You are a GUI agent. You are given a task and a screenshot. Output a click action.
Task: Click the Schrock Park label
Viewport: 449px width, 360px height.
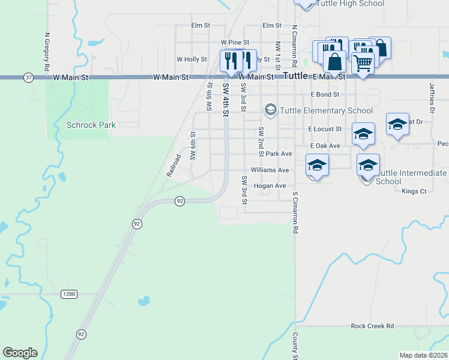pos(91,125)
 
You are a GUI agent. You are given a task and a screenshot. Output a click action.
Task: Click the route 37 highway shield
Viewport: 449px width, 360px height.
pos(28,77)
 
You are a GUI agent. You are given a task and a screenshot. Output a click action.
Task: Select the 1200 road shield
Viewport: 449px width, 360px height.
pos(69,294)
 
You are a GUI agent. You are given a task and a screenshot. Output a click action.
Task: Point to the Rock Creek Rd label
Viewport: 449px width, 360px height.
pos(372,326)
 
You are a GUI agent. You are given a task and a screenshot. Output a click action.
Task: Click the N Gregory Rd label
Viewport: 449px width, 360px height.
pos(46,52)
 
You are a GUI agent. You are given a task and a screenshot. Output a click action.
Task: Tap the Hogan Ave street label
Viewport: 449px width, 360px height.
pos(270,186)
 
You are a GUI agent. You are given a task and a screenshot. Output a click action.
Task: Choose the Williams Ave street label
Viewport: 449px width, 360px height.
pos(270,170)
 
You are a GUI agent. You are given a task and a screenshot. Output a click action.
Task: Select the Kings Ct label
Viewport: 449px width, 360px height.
pos(414,191)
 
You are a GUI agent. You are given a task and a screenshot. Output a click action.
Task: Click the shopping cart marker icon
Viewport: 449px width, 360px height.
pos(362,62)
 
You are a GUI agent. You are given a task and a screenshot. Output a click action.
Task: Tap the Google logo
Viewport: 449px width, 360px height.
pos(20,353)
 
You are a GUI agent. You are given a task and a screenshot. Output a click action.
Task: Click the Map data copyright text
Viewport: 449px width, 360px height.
pos(423,355)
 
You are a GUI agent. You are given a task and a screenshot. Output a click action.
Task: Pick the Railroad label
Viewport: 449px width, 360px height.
pos(173,165)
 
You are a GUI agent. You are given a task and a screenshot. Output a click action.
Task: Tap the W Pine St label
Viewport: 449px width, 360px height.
pos(234,43)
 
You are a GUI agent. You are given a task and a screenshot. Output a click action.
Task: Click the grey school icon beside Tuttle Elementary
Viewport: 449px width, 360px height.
pos(270,109)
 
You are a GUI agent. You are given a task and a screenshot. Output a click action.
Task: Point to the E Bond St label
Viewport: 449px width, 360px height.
pos(325,94)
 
